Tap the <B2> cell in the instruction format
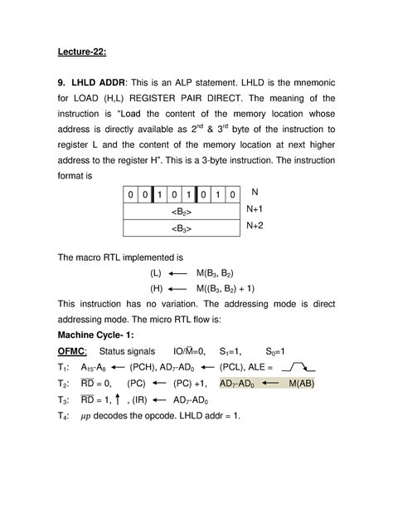point(178,211)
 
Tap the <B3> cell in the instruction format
point(178,228)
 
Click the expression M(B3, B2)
point(220,274)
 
